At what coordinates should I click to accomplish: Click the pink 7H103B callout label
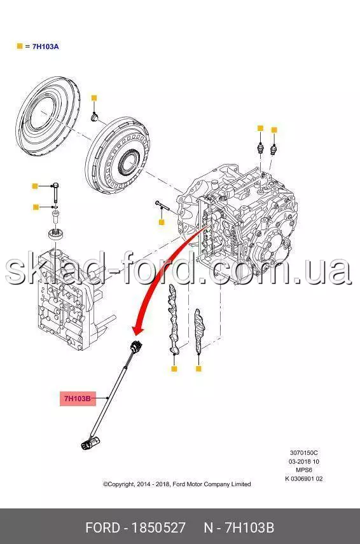[78, 398]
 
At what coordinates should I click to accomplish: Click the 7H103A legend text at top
[46, 46]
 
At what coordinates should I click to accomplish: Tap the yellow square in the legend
[20, 46]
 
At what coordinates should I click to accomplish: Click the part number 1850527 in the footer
[158, 527]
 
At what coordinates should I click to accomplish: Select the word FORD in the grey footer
[102, 527]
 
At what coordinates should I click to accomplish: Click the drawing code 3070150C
[304, 452]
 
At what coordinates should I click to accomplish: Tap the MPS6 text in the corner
[304, 470]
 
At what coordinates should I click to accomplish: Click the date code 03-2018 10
[304, 461]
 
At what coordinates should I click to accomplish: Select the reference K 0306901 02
[304, 479]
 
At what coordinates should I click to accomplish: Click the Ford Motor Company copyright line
[177, 484]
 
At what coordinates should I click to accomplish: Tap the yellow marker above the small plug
[93, 98]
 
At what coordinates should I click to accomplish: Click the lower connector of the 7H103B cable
[89, 444]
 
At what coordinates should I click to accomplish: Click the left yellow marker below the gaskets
[174, 369]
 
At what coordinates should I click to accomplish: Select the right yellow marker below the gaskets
[198, 369]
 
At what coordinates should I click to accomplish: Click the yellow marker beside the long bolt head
[35, 186]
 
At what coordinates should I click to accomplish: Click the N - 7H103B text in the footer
[239, 527]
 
